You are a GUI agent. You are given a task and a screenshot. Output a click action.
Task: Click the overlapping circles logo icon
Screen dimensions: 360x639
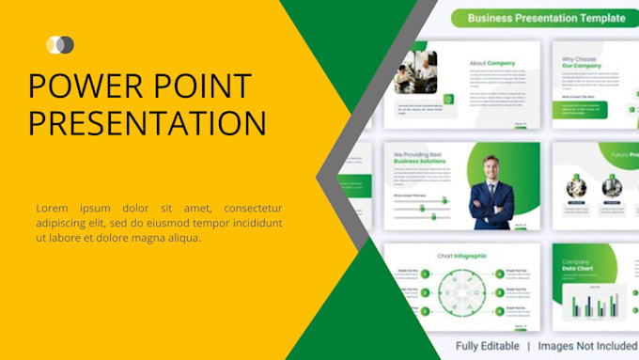click(x=60, y=44)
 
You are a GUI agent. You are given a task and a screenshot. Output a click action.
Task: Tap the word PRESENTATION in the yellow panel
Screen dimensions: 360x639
click(x=147, y=123)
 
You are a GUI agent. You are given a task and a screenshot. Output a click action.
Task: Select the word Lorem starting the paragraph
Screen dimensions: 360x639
click(x=53, y=208)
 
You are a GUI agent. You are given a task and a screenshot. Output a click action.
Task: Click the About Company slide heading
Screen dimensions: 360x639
click(x=491, y=64)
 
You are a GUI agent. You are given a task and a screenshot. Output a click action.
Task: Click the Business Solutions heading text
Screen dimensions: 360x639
click(x=420, y=161)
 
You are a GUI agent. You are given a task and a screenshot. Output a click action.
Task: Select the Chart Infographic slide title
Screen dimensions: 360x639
click(x=461, y=256)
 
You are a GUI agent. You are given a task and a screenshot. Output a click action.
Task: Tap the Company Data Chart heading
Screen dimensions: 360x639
click(x=577, y=268)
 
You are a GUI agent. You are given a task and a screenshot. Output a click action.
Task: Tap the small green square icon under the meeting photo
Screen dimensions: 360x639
click(x=448, y=98)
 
